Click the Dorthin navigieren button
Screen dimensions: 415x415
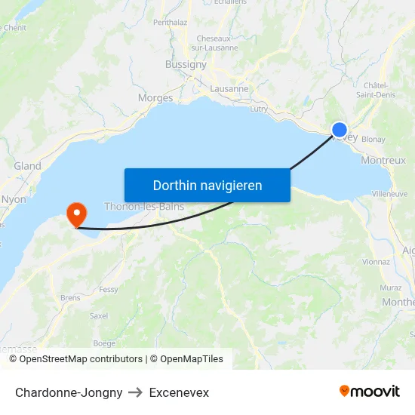click(207, 185)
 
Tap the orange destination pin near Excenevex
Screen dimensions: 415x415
click(76, 214)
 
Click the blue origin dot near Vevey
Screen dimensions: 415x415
click(340, 130)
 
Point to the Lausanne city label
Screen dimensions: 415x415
click(229, 88)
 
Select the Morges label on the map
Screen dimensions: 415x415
click(155, 97)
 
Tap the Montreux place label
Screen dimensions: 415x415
click(383, 160)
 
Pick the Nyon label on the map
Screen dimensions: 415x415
click(14, 199)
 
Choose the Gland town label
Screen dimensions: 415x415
click(27, 166)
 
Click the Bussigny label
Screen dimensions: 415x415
click(186, 65)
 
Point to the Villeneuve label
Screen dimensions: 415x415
click(390, 194)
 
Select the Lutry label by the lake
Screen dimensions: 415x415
click(258, 109)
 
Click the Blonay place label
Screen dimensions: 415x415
click(373, 140)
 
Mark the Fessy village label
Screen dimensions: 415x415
click(109, 289)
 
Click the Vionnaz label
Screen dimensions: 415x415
click(376, 262)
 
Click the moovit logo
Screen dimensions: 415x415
click(369, 392)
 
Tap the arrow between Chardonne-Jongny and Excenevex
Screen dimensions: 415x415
click(136, 392)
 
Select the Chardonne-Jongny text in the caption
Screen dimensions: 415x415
click(69, 392)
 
